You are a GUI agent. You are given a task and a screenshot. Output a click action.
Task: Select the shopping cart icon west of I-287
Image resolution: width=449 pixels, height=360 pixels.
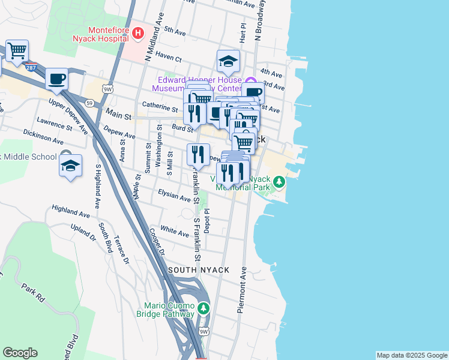17,50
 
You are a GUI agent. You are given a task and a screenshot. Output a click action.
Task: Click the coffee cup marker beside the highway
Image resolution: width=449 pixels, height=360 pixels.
56,79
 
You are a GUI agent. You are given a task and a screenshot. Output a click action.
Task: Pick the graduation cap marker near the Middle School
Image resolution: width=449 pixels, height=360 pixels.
70,165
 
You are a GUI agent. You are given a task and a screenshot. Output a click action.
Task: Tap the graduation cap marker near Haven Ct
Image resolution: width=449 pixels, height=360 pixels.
228,61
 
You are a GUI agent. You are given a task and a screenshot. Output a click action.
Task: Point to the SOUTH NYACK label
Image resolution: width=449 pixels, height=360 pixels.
199,270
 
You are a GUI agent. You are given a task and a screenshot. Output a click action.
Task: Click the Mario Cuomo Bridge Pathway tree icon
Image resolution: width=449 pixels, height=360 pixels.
204,308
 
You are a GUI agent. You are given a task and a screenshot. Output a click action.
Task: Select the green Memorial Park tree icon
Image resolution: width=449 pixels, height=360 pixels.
279,181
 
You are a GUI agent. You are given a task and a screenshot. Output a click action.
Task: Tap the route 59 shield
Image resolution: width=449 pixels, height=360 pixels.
89,103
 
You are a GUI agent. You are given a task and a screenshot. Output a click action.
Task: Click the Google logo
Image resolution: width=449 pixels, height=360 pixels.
20,353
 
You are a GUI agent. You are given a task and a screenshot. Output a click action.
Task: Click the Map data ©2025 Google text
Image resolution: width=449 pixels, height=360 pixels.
411,355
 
